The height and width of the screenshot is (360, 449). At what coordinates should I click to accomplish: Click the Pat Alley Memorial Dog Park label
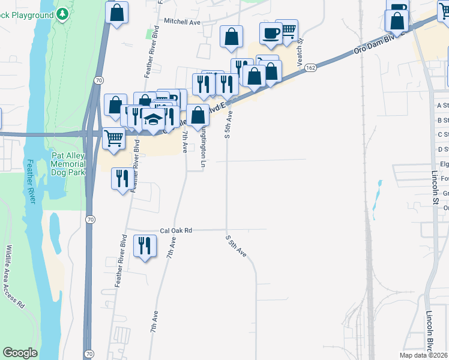coord(68,163)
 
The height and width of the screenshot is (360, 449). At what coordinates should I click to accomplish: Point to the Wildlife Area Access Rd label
coord(14,276)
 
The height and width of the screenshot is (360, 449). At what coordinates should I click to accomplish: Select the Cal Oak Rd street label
coord(175,230)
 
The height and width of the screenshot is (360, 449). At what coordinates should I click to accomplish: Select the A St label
coord(443,105)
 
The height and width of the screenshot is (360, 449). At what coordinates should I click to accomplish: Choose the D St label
coord(443,149)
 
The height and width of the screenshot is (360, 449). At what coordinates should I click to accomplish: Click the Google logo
coord(20,353)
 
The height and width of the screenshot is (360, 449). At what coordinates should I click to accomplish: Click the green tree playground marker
coord(62,14)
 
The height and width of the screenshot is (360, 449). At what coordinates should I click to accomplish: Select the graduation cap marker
coord(153,118)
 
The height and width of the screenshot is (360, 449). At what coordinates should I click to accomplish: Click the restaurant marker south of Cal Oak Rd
coord(145,245)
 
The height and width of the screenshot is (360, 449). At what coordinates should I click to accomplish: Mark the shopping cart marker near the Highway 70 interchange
coord(113,138)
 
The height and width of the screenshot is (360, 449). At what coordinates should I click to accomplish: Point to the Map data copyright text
coord(424,355)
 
